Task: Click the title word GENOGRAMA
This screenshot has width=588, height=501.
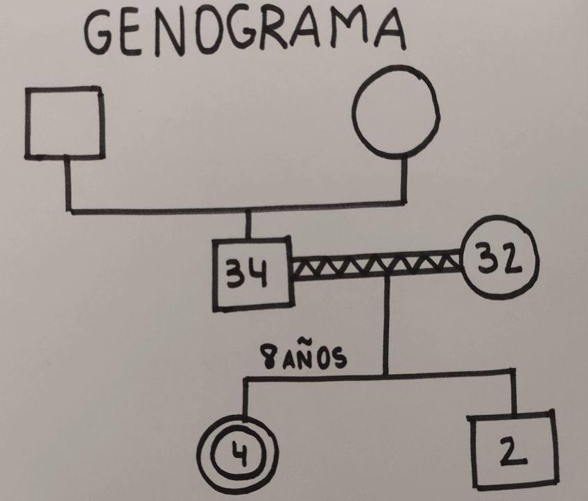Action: (x=243, y=31)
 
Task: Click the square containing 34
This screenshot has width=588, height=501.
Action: (x=252, y=274)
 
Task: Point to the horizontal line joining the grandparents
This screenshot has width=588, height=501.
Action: (x=236, y=207)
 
